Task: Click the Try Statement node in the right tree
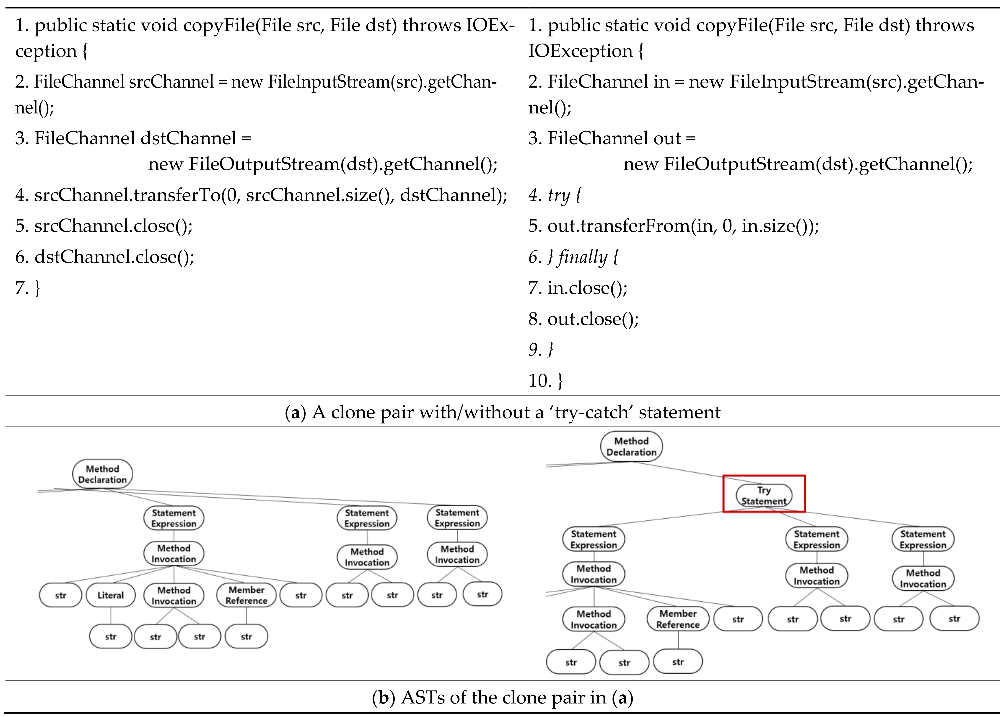[x=764, y=495]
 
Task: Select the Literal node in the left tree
[x=110, y=595]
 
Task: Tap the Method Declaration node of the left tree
[x=102, y=474]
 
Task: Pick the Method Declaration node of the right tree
[x=631, y=446]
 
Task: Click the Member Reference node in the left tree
[x=246, y=595]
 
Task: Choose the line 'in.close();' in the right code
[x=587, y=288]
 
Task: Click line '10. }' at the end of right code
[x=546, y=381]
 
